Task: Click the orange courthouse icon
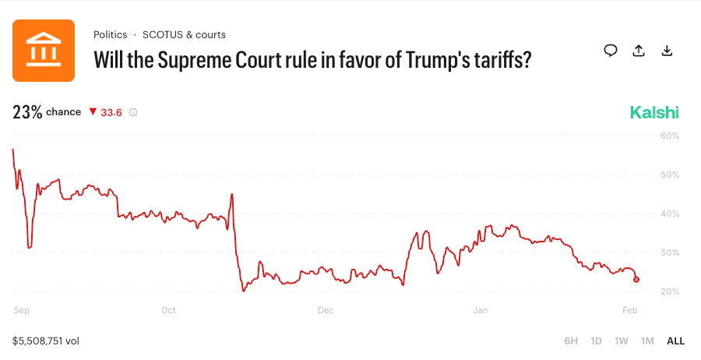(44, 51)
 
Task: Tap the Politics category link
(111, 35)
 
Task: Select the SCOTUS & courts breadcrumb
(184, 35)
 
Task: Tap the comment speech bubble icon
(611, 51)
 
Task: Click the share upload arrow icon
(639, 51)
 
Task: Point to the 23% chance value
(27, 112)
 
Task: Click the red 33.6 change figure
(111, 112)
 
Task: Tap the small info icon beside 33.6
(133, 112)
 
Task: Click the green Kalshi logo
(654, 112)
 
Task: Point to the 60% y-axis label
(670, 136)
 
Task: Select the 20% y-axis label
(670, 291)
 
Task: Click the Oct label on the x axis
(168, 310)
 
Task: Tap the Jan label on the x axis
(481, 310)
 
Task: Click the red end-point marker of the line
(637, 279)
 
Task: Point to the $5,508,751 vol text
(46, 341)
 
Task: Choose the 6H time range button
(571, 341)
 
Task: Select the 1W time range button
(621, 341)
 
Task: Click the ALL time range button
(675, 341)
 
